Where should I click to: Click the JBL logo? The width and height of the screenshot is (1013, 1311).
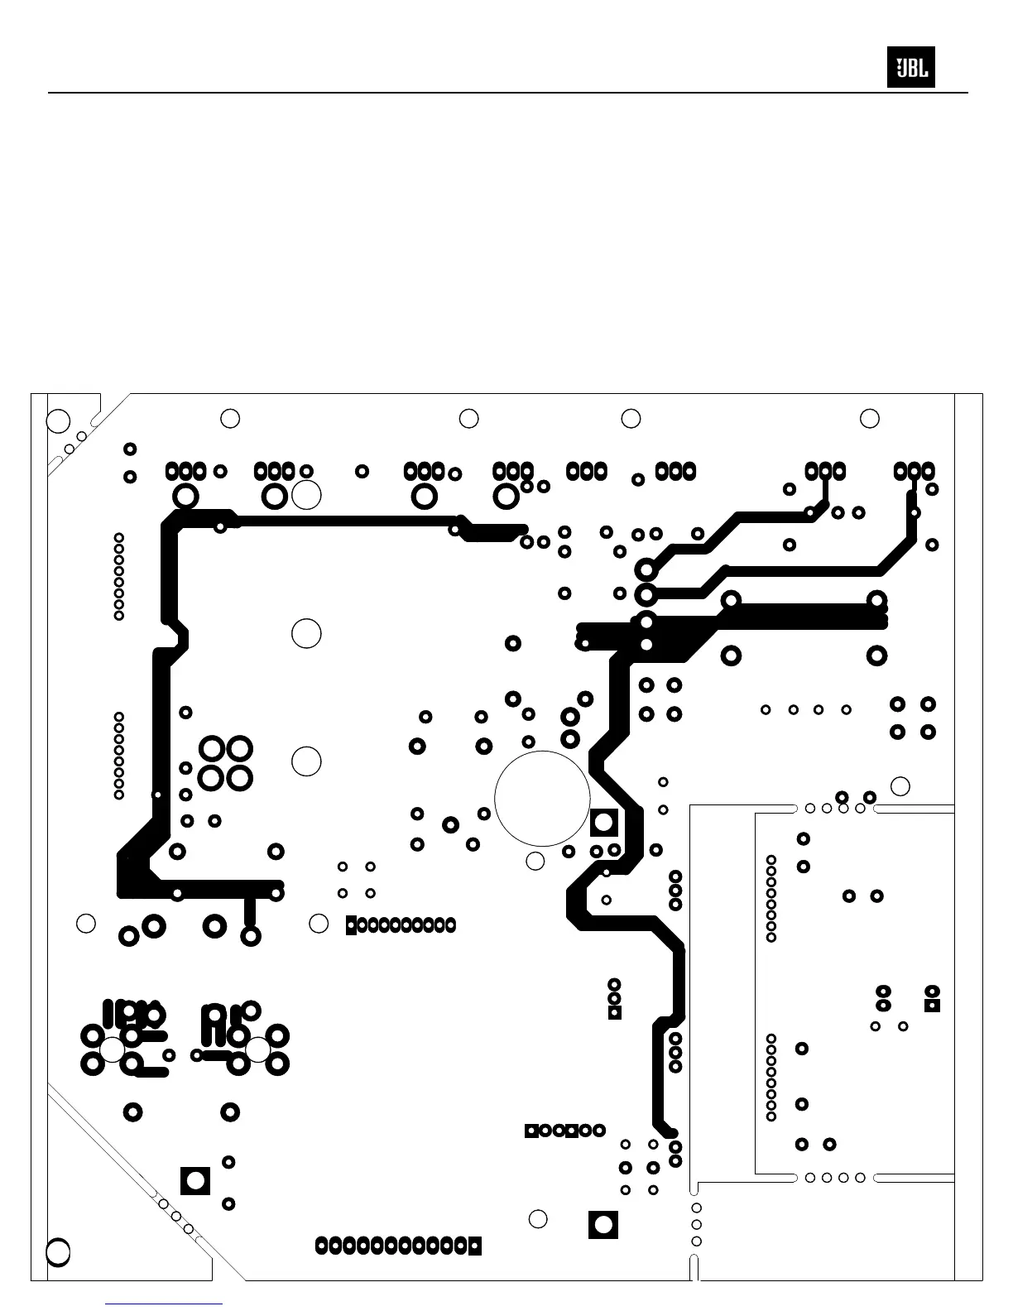pos(910,67)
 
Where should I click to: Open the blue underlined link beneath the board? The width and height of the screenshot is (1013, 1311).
pos(164,1304)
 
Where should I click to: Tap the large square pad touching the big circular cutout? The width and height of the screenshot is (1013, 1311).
pos(604,823)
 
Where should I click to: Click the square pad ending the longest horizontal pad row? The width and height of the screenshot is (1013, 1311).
pos(474,1246)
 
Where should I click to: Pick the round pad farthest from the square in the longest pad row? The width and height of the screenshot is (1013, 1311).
pos(322,1246)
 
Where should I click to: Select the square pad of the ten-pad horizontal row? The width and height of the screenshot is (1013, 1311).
pos(352,924)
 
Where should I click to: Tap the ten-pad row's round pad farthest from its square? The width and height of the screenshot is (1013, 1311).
pos(450,924)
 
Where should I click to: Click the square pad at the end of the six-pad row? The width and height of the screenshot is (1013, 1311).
pos(532,1131)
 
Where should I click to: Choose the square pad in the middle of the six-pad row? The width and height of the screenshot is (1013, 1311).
pos(571,1131)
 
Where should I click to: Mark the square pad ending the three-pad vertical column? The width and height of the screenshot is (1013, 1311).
pos(614,1012)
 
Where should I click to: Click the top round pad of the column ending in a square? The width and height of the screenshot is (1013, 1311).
pos(614,984)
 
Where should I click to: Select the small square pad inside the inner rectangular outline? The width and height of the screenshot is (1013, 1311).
pos(932,1006)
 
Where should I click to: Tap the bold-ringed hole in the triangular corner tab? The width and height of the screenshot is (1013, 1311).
pos(57,1251)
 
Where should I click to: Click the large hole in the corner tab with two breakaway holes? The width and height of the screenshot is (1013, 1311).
pos(57,420)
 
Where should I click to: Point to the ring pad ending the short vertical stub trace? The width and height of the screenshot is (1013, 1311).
pos(250,936)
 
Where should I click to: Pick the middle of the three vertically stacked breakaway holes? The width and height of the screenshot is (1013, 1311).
pos(696,1224)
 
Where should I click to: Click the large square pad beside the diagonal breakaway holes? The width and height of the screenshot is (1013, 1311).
pos(195,1180)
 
